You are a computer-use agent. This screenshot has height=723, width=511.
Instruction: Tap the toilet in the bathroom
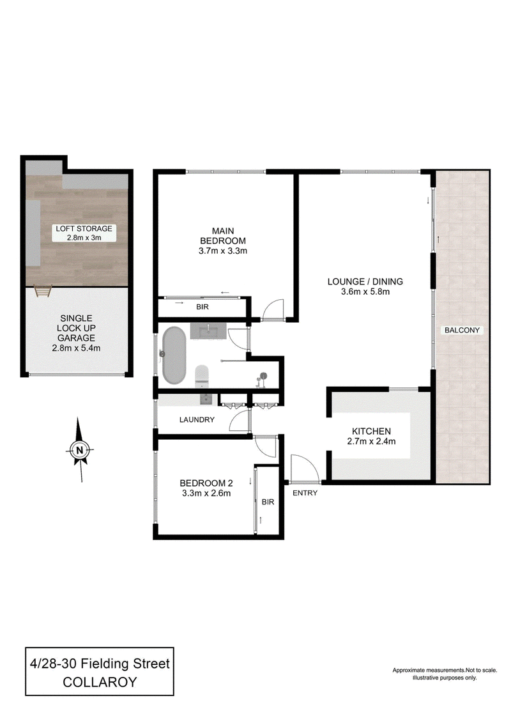(202, 375)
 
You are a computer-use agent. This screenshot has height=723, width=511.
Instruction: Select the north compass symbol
(80, 449)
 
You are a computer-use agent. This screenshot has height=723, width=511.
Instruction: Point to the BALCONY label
(462, 330)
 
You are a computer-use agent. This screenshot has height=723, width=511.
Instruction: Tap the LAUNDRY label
(197, 419)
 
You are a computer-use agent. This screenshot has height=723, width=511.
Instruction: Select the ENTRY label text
(305, 493)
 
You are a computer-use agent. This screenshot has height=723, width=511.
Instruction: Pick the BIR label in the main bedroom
(202, 307)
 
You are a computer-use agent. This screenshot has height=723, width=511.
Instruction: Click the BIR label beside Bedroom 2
(268, 502)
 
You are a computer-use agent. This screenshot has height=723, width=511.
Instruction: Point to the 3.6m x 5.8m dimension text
(365, 292)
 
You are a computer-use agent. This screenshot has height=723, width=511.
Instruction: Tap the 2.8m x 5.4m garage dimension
(76, 348)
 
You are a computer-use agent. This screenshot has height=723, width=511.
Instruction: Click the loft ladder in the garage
(42, 292)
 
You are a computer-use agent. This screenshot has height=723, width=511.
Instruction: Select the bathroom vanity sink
(209, 331)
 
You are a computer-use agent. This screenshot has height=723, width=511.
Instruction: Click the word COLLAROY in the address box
(100, 682)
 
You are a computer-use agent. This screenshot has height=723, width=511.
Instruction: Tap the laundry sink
(206, 399)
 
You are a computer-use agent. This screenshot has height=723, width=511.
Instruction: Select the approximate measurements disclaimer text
(445, 674)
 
